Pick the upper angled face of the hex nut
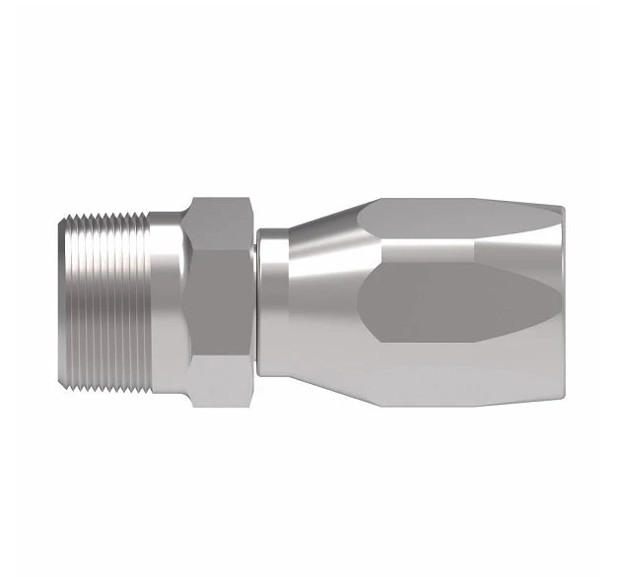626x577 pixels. pos(222,224)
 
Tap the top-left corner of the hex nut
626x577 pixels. pos(192,200)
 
